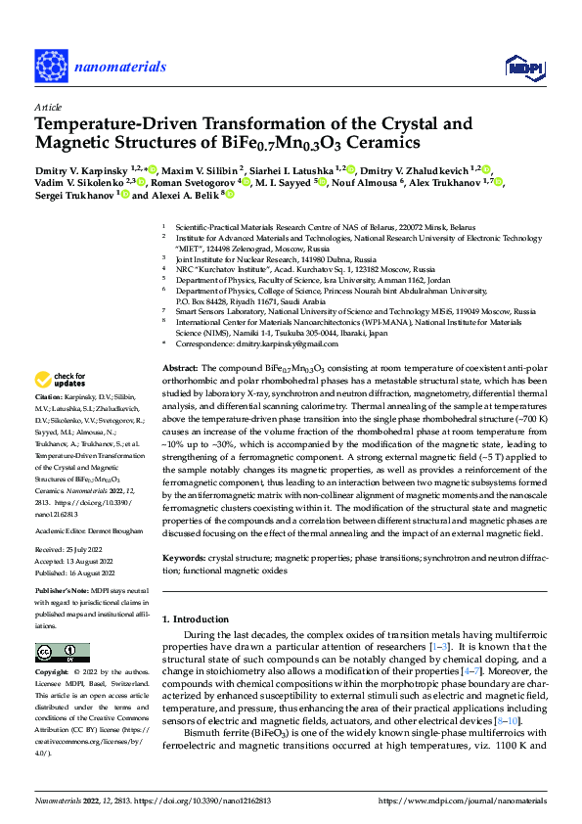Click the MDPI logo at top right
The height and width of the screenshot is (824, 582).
[x=522, y=66]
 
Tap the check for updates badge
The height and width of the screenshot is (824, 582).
[x=62, y=380]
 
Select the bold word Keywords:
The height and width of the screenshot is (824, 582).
[x=183, y=556]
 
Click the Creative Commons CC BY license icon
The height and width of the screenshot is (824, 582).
[x=62, y=653]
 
